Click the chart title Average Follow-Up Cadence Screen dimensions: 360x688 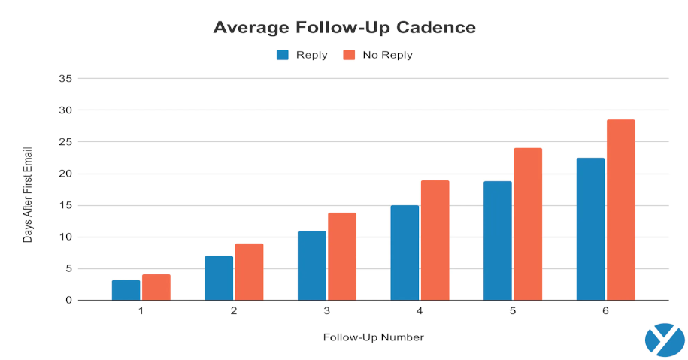point(344,28)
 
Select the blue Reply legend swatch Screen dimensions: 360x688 point(283,55)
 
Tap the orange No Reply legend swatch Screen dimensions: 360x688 point(349,55)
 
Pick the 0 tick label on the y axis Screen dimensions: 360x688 point(68,300)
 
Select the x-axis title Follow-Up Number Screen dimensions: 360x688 point(373,337)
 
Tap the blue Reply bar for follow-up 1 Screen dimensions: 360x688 point(126,290)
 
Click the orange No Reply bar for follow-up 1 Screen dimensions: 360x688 point(156,287)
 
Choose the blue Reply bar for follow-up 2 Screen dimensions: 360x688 point(219,278)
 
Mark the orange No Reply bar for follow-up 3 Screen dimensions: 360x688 point(342,256)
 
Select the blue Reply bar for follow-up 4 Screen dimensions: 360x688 point(405,253)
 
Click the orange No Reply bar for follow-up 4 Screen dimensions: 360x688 point(435,241)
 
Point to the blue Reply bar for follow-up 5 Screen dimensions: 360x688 point(498,241)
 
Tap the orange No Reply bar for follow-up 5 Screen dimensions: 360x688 point(529,224)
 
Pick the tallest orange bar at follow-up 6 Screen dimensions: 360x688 point(621,210)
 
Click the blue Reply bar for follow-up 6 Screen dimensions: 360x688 point(590,229)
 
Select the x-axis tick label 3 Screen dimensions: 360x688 point(327,311)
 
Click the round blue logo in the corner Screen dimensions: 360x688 point(665,340)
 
